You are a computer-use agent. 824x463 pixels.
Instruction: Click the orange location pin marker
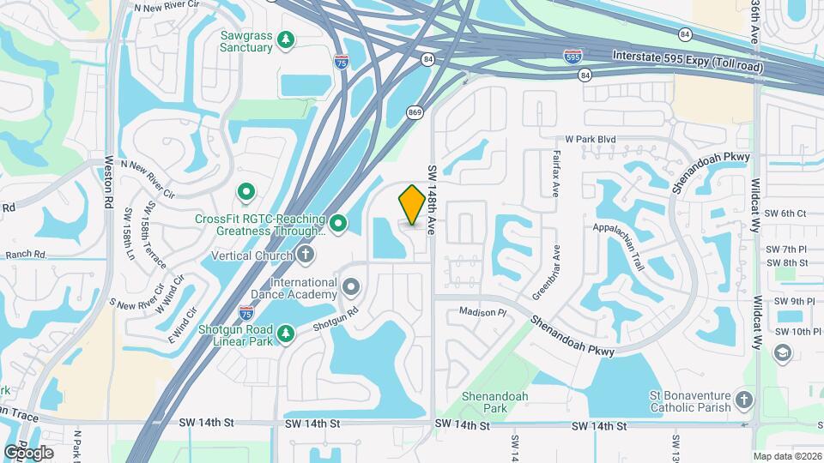[x=412, y=204]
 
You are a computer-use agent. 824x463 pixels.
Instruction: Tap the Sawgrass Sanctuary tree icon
[x=287, y=39]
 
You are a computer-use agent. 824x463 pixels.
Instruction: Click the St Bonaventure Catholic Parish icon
[x=744, y=400]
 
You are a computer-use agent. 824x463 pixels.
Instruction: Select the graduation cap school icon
[x=782, y=353]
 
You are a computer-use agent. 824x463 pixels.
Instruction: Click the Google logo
[x=29, y=452]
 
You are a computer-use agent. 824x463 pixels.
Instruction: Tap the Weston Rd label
[x=109, y=182]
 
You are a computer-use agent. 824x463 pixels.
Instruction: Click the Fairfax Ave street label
[x=555, y=174]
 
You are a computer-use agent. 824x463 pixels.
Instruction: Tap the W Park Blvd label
[x=591, y=139]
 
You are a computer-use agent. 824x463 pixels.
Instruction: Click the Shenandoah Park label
[x=495, y=402]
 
